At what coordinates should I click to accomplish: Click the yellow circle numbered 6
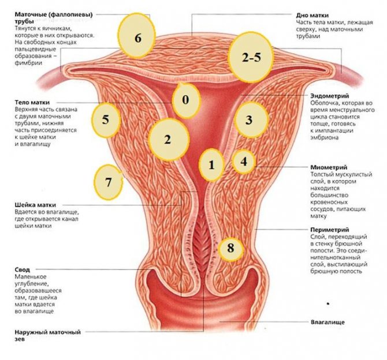(x=137, y=37)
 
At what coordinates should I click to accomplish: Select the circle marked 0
(x=185, y=99)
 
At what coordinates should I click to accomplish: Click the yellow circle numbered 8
(x=231, y=249)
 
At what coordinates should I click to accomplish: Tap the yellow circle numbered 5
(x=106, y=119)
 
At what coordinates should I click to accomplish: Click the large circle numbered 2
(x=168, y=139)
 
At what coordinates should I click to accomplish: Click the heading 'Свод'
(x=22, y=269)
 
